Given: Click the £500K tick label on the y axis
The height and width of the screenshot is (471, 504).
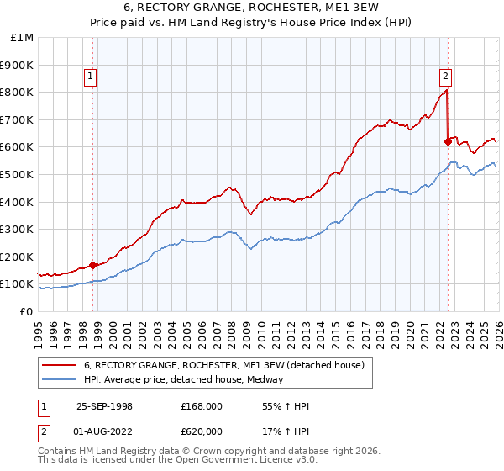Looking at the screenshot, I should (18, 174).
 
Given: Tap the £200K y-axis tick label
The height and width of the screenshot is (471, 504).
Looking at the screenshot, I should (18, 257).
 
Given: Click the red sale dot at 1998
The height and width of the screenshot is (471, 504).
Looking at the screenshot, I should (92, 265).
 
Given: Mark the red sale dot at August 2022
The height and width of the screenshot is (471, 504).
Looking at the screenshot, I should (448, 141).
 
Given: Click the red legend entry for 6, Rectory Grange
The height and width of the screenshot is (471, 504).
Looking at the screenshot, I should (223, 365).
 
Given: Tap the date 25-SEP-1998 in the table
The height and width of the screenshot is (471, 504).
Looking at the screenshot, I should (104, 406).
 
